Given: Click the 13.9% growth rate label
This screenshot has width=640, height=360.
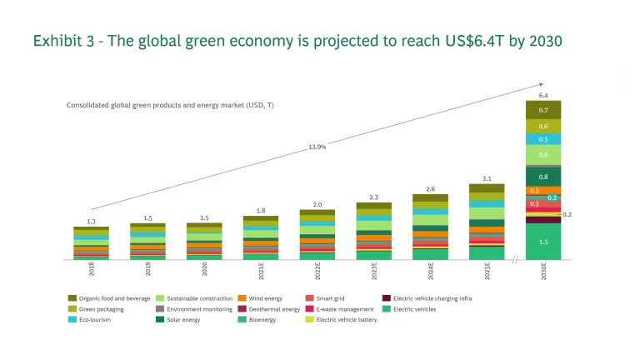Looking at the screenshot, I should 317,147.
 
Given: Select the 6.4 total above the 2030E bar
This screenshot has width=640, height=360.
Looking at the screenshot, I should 542,96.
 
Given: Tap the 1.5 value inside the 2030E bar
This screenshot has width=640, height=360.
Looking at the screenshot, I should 542,242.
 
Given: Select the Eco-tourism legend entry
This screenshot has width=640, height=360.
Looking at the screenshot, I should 93,319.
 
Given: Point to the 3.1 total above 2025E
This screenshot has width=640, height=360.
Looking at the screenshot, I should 487,179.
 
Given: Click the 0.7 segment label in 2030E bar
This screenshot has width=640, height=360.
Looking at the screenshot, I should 542,110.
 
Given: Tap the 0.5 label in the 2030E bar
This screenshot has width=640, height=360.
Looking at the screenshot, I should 542,139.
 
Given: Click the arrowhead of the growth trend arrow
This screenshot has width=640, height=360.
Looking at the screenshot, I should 541,83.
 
